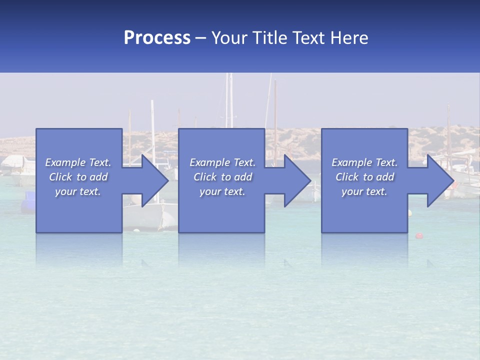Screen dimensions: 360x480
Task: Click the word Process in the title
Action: pos(157,37)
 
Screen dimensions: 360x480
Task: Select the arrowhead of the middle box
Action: pos(296,180)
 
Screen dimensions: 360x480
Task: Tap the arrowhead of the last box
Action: pos(439,180)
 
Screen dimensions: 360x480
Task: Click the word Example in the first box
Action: pos(65,162)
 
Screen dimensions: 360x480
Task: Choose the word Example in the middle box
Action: pos(209,162)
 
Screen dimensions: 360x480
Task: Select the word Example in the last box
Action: pos(351,162)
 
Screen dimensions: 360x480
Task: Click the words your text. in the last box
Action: pos(364,191)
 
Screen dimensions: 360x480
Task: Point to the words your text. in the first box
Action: pos(78,191)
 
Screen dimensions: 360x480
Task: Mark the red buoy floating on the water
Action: pos(419,235)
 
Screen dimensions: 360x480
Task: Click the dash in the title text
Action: pos(201,38)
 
